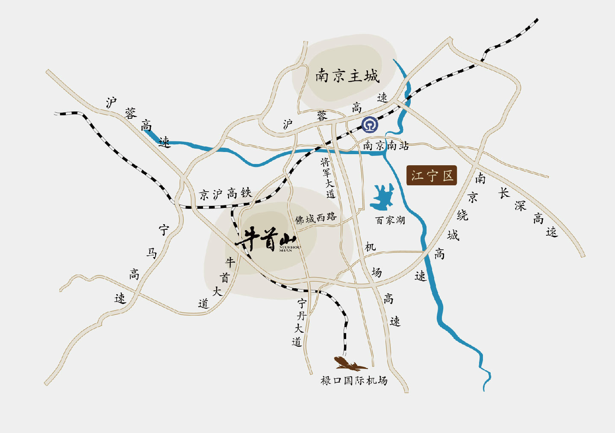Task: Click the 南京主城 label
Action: pyautogui.click(x=347, y=76)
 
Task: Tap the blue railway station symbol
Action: pyautogui.click(x=370, y=125)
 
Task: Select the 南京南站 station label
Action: pyautogui.click(x=385, y=146)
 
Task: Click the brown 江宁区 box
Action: pyautogui.click(x=432, y=176)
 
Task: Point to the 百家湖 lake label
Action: pyautogui.click(x=390, y=220)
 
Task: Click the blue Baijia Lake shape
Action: pyautogui.click(x=383, y=197)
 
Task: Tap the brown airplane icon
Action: pyautogui.click(x=350, y=364)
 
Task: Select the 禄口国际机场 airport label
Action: pyautogui.click(x=354, y=380)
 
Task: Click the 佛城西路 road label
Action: pyautogui.click(x=315, y=218)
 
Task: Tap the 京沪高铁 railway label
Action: pyautogui.click(x=225, y=194)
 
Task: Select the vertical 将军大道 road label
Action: pyautogui.click(x=328, y=178)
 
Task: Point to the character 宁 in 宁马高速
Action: pyautogui.click(x=164, y=230)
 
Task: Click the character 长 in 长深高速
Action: pyautogui.click(x=504, y=193)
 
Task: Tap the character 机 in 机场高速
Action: pyautogui.click(x=370, y=247)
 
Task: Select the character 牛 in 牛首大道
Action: pyautogui.click(x=230, y=262)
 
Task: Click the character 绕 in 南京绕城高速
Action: pyautogui.click(x=462, y=215)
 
